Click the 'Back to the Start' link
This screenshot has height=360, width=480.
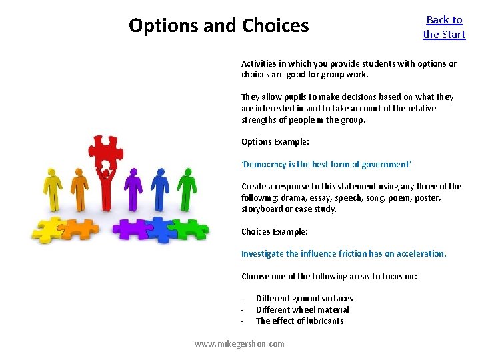coord(444,27)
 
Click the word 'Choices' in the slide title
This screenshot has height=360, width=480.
coord(275,26)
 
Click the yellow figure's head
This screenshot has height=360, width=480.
coord(51,172)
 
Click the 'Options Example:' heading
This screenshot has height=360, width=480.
coord(275,141)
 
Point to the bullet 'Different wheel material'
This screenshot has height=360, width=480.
coord(303,309)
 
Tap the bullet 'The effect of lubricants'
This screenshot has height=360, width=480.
coord(300,321)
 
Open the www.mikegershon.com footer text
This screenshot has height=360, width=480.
coord(239,343)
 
